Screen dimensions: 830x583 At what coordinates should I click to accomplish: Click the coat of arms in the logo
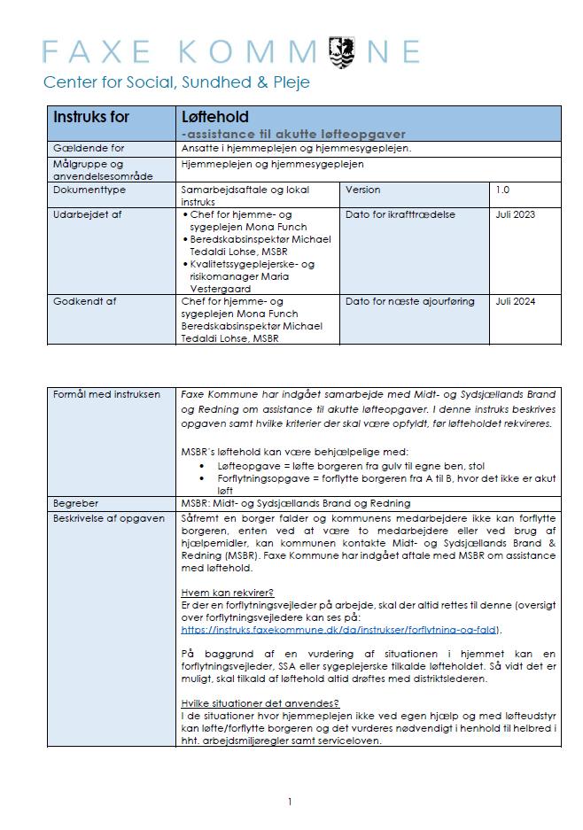point(343,50)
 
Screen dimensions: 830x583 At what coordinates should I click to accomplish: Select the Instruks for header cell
point(91,117)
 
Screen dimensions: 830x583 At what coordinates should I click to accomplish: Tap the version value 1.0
point(502,190)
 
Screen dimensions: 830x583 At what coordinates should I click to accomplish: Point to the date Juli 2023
point(515,214)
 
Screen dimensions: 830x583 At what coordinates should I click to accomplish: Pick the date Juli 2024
point(515,301)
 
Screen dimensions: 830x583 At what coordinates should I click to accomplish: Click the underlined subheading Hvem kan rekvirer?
point(227,593)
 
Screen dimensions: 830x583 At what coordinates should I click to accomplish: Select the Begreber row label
point(76,502)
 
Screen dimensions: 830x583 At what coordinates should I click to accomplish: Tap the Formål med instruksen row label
point(107,393)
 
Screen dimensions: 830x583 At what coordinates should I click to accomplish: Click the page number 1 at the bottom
point(290,802)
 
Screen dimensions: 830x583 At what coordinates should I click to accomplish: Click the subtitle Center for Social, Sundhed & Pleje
point(176,82)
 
